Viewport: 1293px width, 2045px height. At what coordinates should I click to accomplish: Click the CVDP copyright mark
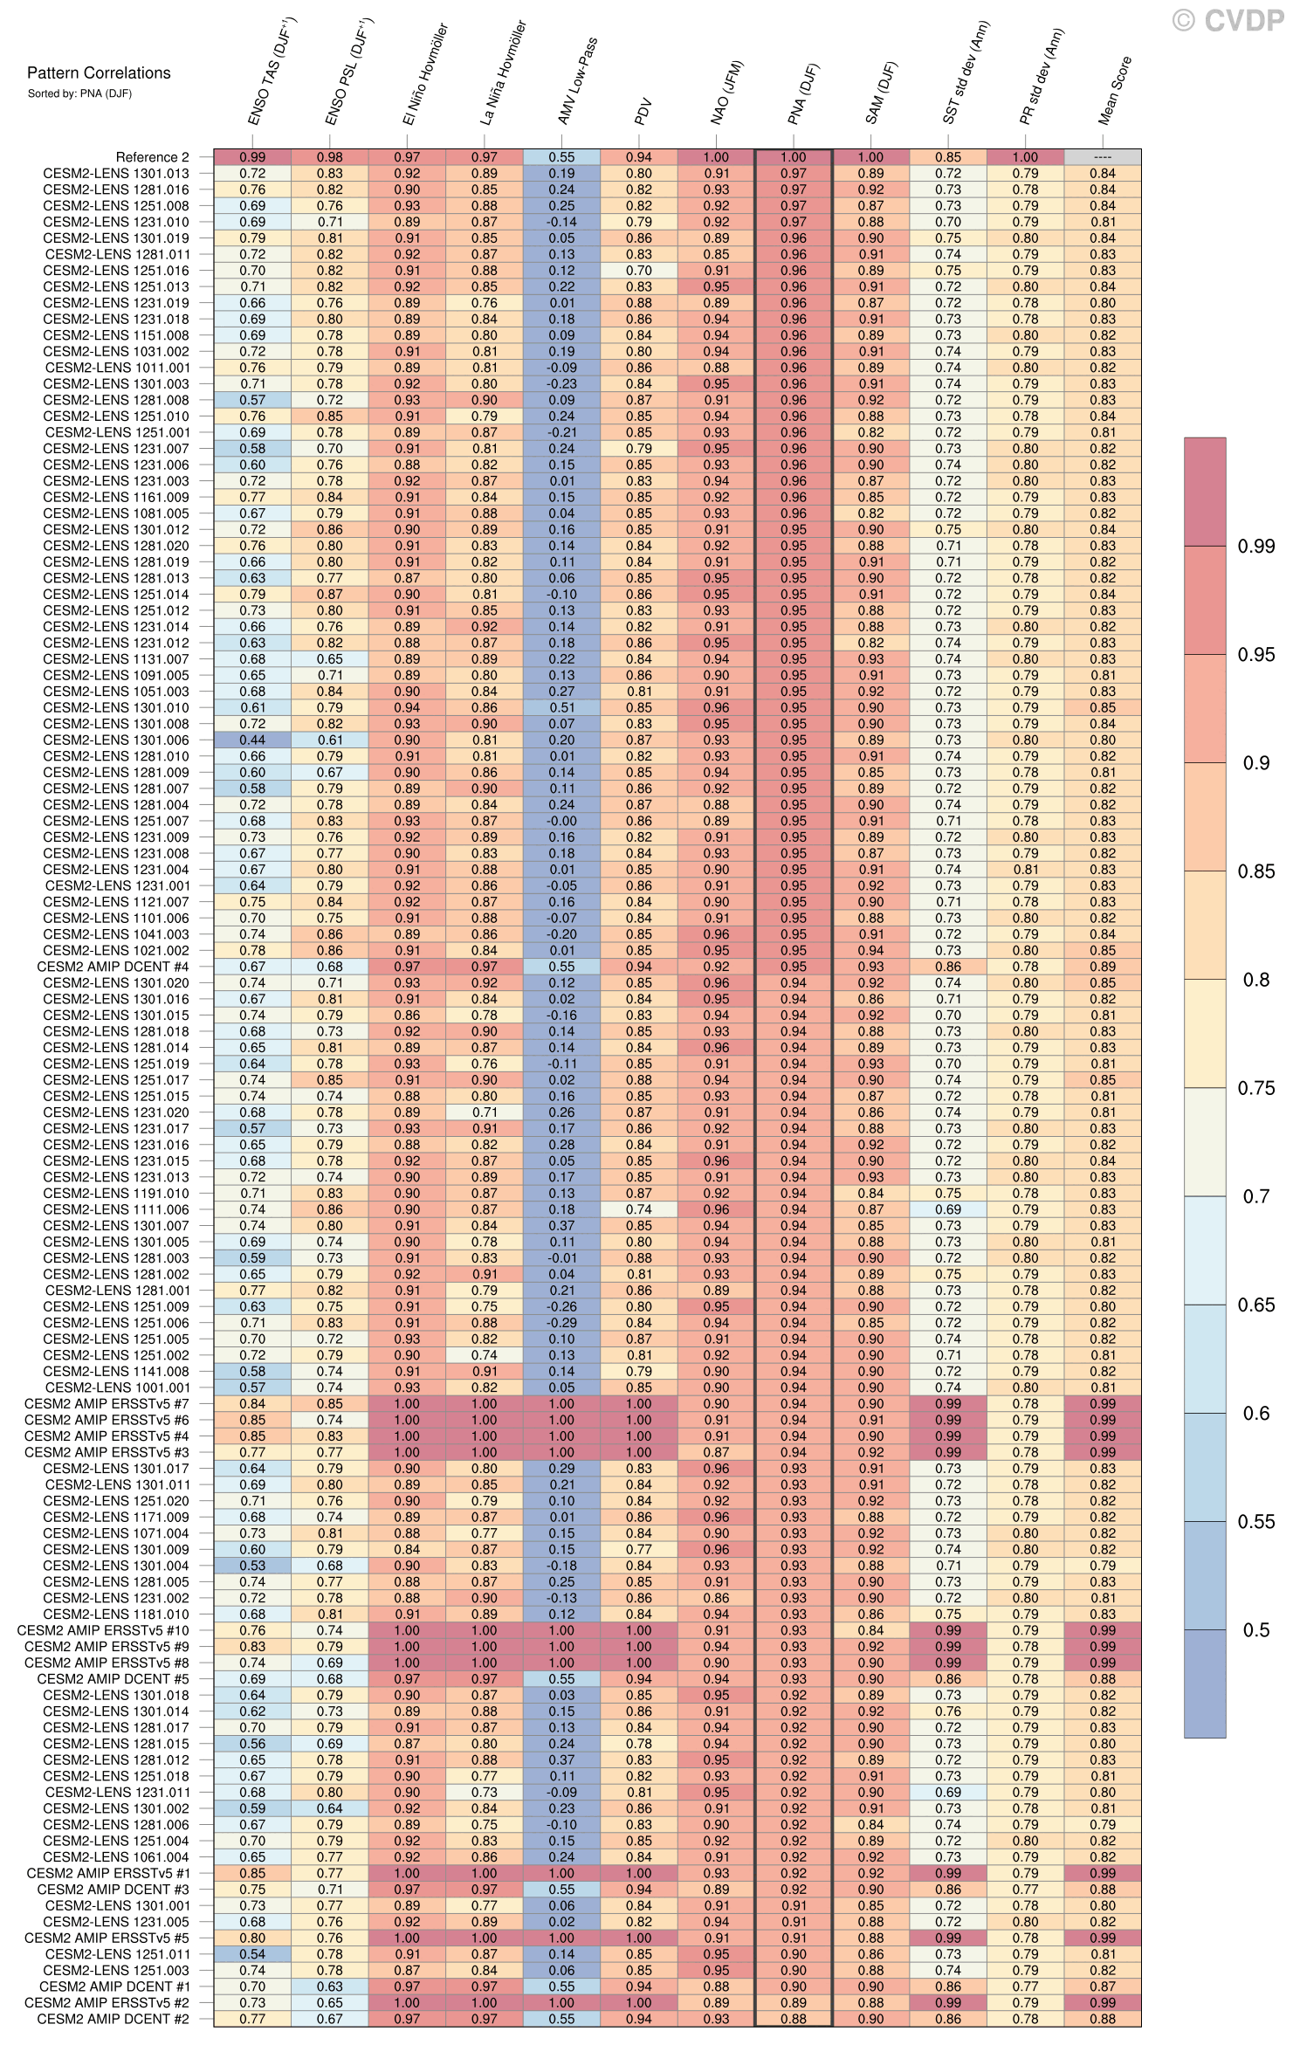click(1228, 21)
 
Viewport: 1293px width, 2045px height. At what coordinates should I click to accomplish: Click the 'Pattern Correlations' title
click(99, 73)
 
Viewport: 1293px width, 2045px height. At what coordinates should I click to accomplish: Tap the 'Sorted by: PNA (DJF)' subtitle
click(79, 93)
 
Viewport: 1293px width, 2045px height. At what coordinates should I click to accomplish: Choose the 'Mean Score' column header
click(1114, 92)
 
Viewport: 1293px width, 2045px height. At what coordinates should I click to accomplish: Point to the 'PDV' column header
click(643, 113)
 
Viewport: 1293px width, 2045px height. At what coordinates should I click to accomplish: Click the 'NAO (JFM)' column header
click(726, 93)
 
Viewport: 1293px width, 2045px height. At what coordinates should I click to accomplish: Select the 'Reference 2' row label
click(152, 157)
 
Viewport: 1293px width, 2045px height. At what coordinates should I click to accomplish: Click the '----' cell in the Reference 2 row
click(1102, 157)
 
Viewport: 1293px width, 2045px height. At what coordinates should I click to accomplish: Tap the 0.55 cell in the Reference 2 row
click(561, 157)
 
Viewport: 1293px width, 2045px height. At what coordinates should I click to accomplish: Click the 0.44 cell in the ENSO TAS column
click(252, 740)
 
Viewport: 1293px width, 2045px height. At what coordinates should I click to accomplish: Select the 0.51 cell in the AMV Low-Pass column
click(561, 707)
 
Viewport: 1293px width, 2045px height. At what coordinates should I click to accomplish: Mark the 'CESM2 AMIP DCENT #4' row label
click(113, 967)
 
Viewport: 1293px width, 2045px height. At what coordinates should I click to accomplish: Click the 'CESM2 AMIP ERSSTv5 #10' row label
click(104, 1630)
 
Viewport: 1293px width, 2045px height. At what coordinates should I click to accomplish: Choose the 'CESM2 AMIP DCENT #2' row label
click(113, 2019)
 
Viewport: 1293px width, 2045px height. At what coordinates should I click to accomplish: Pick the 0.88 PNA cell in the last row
click(794, 2019)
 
